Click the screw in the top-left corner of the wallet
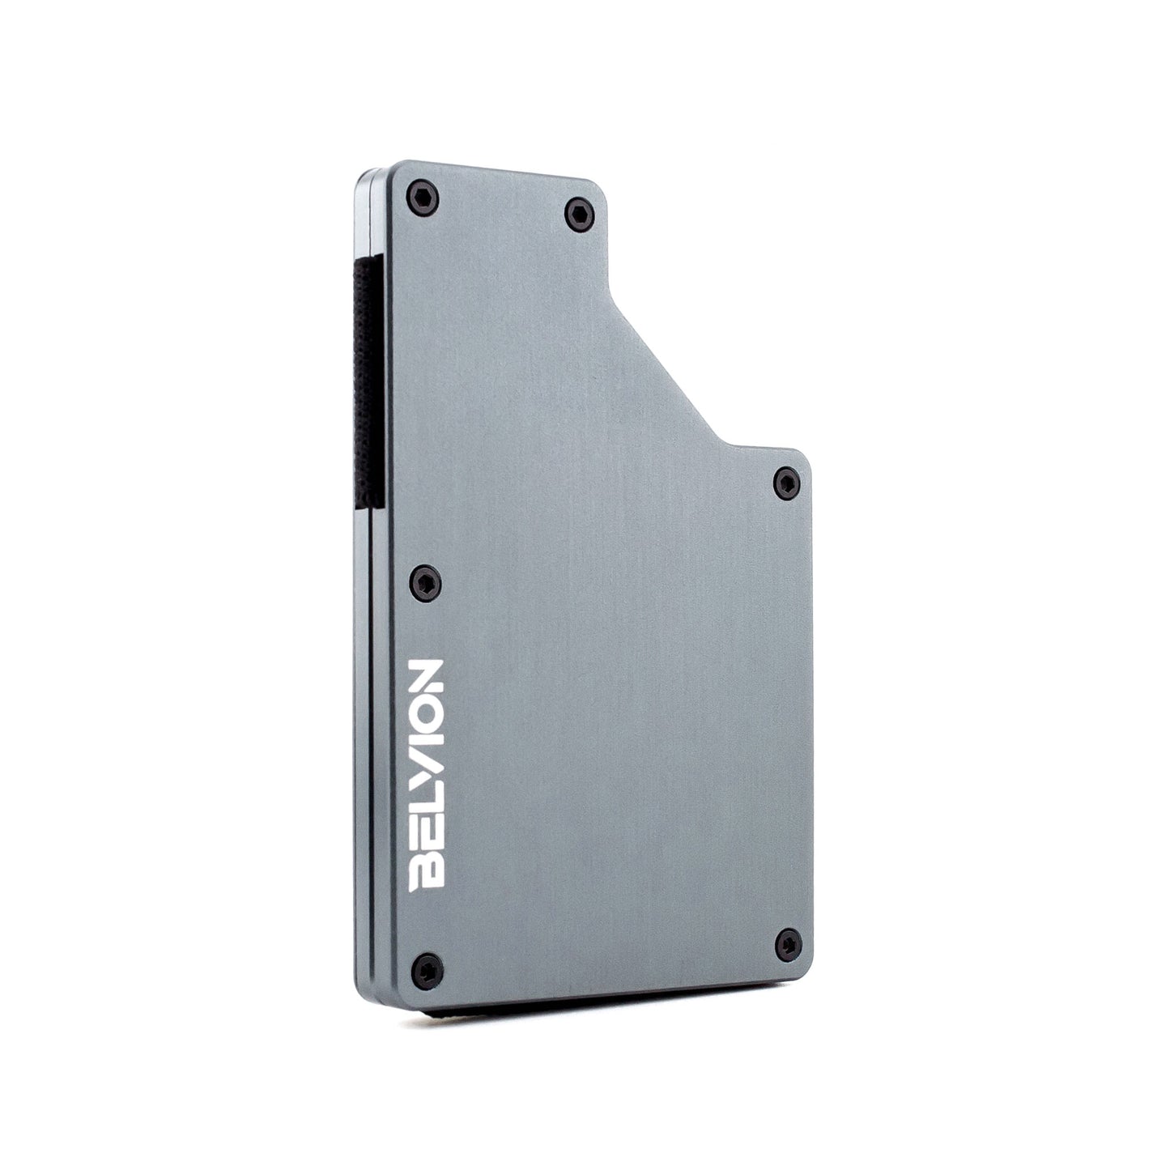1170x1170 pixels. (425, 194)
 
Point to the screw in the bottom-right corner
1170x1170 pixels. (785, 941)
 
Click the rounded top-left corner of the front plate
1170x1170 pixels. (396, 168)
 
